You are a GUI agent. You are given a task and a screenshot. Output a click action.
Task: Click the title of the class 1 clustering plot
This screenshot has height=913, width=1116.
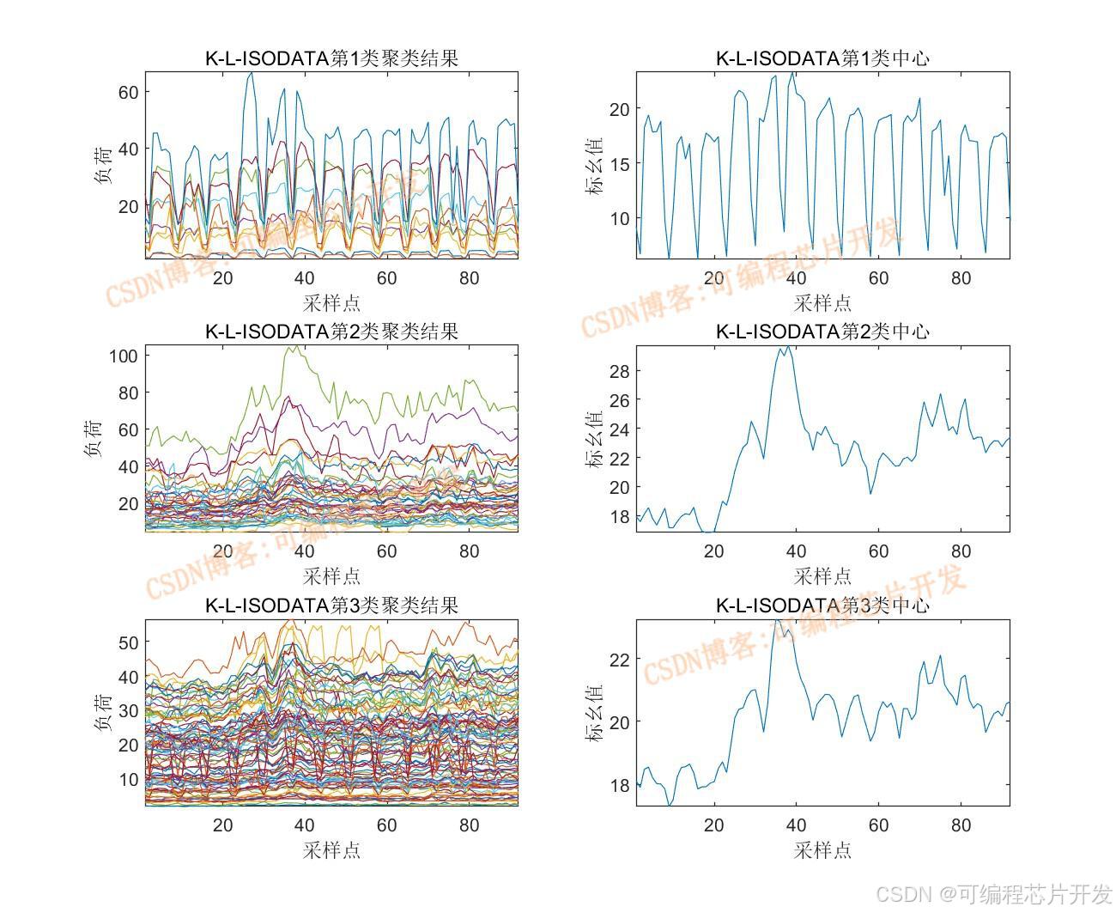point(331,58)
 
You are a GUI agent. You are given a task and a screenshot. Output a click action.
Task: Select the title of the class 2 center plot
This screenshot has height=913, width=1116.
point(822,332)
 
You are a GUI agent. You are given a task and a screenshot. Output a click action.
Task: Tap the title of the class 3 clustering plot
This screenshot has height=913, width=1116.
point(331,605)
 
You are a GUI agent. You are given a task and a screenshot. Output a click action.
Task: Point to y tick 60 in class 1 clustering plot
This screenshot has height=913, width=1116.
point(128,91)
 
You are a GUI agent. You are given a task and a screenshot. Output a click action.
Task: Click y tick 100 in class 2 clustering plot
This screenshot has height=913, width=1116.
point(124,356)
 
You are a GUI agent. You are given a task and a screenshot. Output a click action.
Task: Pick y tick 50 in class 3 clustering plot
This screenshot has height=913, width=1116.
point(128,642)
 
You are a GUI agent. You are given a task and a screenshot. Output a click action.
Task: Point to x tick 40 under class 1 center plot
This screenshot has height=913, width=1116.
point(796,277)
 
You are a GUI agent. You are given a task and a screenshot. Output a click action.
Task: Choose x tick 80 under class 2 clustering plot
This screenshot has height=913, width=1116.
point(469,551)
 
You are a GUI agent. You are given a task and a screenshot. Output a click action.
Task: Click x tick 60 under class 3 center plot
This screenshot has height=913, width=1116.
point(878,825)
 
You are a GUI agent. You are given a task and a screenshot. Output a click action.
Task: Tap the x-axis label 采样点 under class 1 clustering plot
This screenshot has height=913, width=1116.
point(331,302)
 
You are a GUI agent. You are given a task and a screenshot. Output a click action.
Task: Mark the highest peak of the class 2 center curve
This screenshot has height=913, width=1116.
point(783,348)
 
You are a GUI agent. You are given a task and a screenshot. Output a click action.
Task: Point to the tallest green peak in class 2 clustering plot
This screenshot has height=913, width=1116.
point(292,348)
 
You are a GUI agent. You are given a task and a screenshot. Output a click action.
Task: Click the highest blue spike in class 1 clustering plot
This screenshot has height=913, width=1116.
point(251,74)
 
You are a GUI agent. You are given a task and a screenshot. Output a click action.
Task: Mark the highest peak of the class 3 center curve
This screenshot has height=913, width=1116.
point(777,622)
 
